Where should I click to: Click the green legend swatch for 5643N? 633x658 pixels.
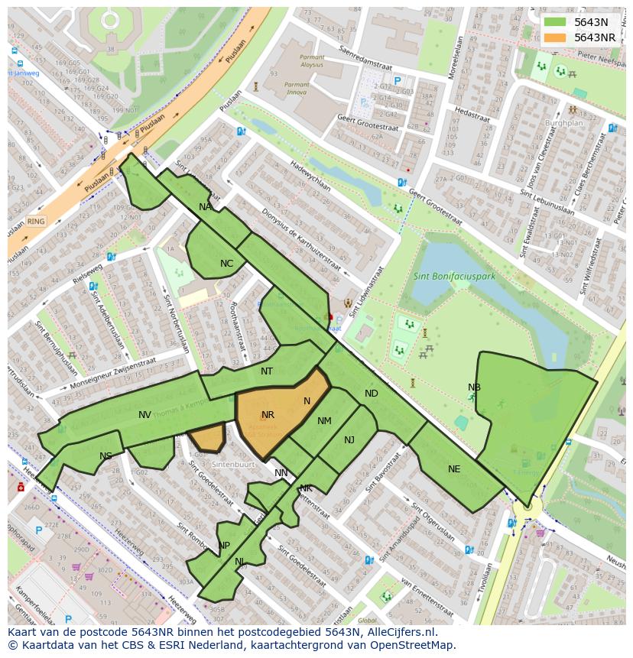[556, 22]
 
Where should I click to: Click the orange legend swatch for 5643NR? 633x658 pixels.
[556, 37]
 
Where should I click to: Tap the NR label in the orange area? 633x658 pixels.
[268, 415]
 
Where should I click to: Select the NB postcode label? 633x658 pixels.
[474, 387]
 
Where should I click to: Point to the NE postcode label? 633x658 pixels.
[454, 469]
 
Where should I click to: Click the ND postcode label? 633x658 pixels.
[371, 394]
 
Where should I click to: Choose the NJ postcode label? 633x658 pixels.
[349, 439]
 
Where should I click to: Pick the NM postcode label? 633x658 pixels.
[324, 421]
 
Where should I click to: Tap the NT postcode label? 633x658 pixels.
[267, 371]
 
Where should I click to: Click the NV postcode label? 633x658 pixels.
[144, 415]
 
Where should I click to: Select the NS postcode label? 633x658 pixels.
[105, 456]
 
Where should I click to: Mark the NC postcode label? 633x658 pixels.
[226, 264]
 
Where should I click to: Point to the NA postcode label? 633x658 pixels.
[205, 207]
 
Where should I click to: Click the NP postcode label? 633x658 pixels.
[224, 546]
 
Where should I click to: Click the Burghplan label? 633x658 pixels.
[563, 122]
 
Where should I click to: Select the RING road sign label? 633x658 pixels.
[36, 221]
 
